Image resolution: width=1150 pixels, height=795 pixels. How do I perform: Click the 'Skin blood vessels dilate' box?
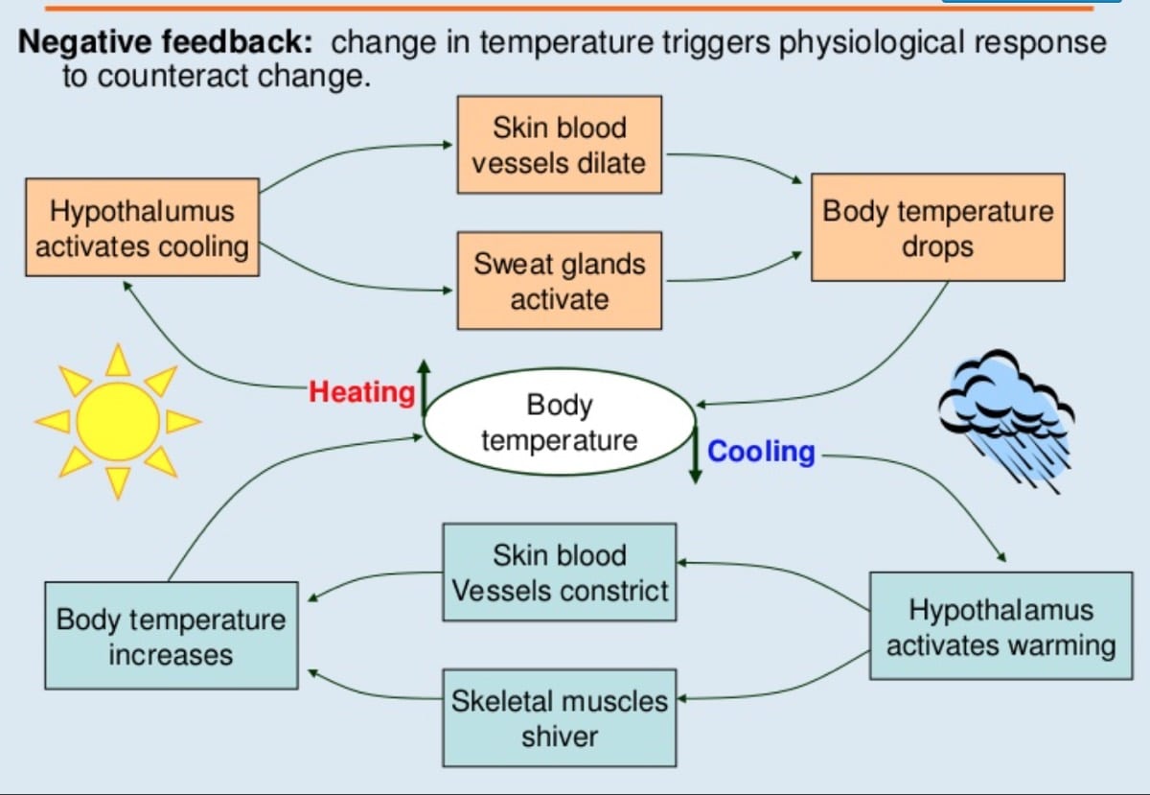coord(559,145)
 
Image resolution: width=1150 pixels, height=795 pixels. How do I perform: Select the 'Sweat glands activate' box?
coord(559,281)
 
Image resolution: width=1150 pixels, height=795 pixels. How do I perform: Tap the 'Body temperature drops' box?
coord(937,227)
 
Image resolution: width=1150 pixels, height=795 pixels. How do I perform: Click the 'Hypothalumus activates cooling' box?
coord(142,227)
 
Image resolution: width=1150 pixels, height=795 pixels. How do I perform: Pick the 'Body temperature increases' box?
coord(171,636)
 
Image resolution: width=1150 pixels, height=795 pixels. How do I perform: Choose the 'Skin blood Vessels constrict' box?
coord(559,573)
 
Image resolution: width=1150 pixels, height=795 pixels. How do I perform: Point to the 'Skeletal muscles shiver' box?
coord(559,717)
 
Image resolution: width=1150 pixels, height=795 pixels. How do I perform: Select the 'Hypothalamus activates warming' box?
coord(1000,627)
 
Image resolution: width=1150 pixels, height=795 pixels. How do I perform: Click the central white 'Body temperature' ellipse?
coord(559,423)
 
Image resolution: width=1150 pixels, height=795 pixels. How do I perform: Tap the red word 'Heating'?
coord(361,392)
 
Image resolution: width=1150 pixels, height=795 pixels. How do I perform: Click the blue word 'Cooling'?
coord(761,452)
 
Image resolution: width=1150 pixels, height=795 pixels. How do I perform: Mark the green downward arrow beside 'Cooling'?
coord(696,456)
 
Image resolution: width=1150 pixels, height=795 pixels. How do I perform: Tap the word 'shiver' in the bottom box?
coord(560,736)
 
